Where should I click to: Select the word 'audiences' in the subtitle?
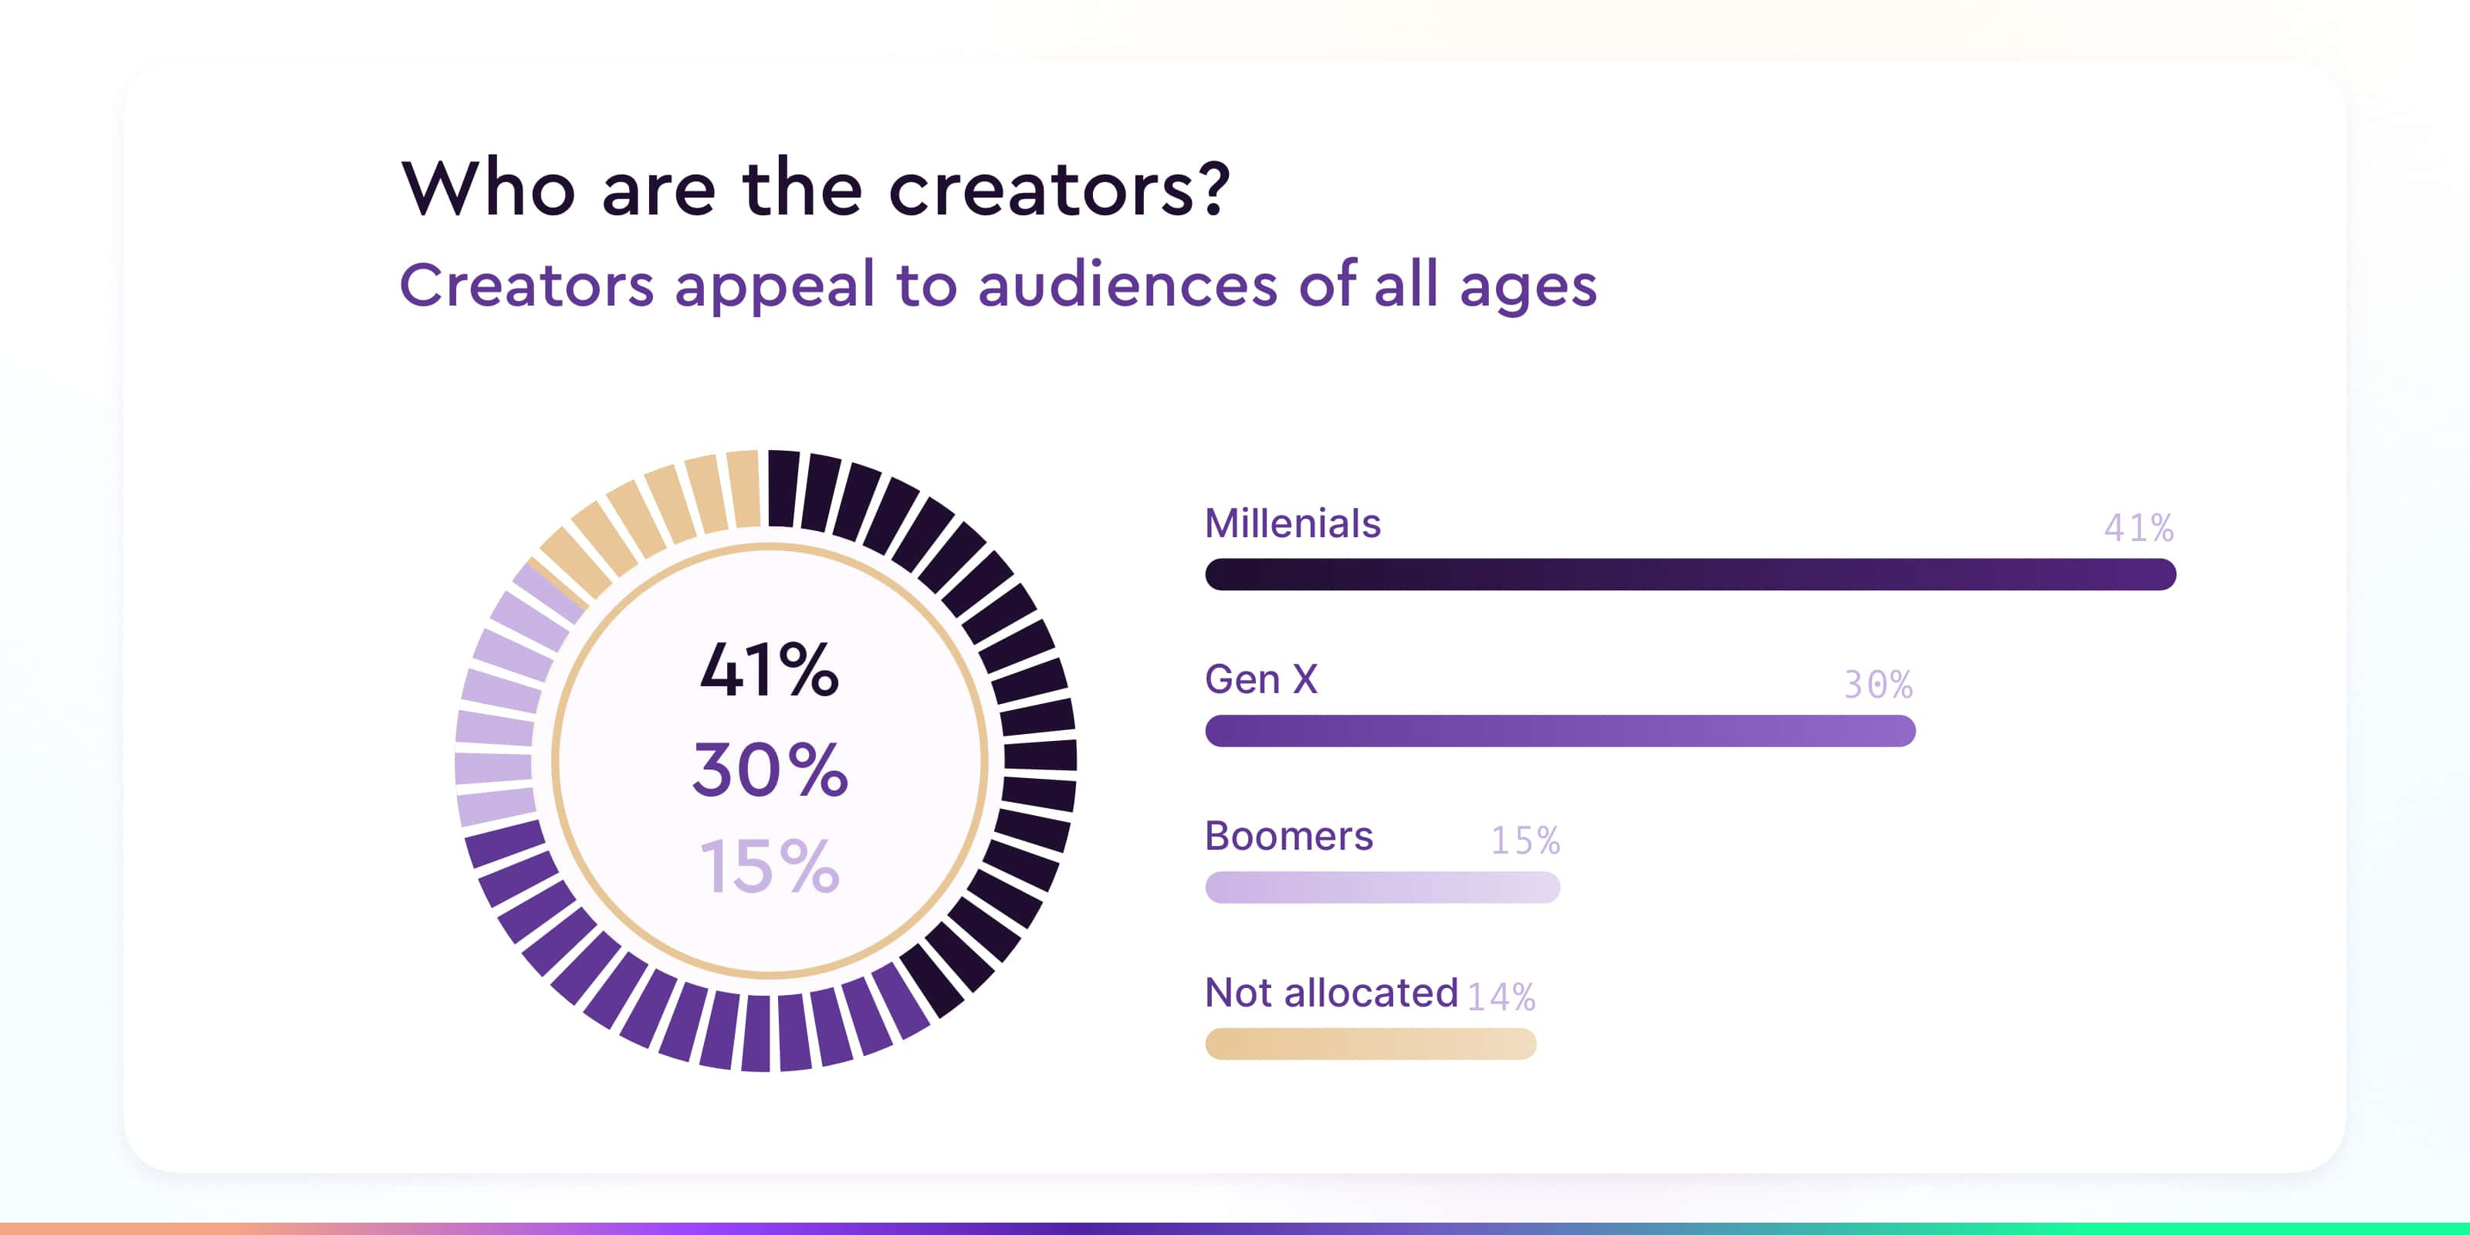pos(1128,285)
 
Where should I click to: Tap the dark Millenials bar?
pos(1690,574)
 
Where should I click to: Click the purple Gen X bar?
pos(1560,731)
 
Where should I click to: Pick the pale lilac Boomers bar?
pos(1382,887)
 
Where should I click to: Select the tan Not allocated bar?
pos(1370,1044)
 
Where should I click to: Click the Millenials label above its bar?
pos(1293,523)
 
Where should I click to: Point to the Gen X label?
pos(1261,680)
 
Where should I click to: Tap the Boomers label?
pos(1289,836)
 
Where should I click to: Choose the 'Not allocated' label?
pos(1331,993)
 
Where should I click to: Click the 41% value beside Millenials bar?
pos(2138,527)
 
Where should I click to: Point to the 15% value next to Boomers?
pos(1524,841)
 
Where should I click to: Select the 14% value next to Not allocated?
pos(1501,997)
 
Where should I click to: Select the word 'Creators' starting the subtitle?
pos(526,285)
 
